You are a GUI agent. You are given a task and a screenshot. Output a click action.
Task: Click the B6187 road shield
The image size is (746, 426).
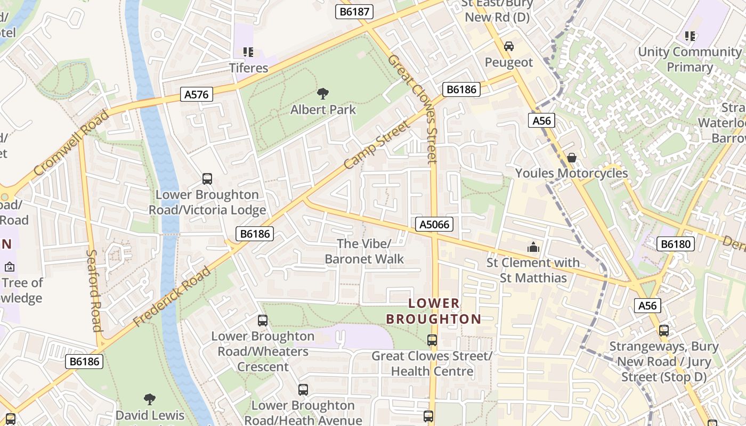tap(354, 11)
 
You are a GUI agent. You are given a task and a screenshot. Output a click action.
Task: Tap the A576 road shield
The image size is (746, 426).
tap(197, 95)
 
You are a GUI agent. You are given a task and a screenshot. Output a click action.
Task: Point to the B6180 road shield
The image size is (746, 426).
tap(676, 244)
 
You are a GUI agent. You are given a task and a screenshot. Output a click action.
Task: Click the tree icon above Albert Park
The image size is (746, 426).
tap(322, 94)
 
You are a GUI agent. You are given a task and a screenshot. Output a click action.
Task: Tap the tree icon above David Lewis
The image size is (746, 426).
tap(150, 399)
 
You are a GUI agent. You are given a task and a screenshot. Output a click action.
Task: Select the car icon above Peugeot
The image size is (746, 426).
tap(509, 46)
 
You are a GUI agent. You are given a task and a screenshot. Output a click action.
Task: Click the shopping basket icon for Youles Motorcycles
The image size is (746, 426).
tap(571, 158)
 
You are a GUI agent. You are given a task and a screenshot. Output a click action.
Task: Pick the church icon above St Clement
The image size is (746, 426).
tap(532, 247)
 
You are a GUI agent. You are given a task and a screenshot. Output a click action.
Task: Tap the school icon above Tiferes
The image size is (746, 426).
tap(248, 52)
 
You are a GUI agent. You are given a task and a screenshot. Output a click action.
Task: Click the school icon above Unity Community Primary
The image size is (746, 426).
tap(690, 36)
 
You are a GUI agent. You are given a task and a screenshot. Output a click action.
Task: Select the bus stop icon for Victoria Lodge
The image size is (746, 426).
tap(207, 179)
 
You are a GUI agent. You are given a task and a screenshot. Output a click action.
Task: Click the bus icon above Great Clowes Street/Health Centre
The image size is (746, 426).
tap(432, 340)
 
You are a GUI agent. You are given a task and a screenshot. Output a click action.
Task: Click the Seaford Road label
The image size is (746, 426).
tap(94, 290)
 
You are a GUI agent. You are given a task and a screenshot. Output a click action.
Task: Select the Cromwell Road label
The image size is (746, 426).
tap(71, 143)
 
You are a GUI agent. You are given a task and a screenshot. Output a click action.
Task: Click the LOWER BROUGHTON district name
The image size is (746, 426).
tap(433, 312)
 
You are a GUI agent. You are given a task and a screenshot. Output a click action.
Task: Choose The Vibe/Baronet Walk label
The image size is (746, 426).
tap(364, 251)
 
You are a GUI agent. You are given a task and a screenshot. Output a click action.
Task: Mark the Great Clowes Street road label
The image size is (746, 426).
tap(420, 109)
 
